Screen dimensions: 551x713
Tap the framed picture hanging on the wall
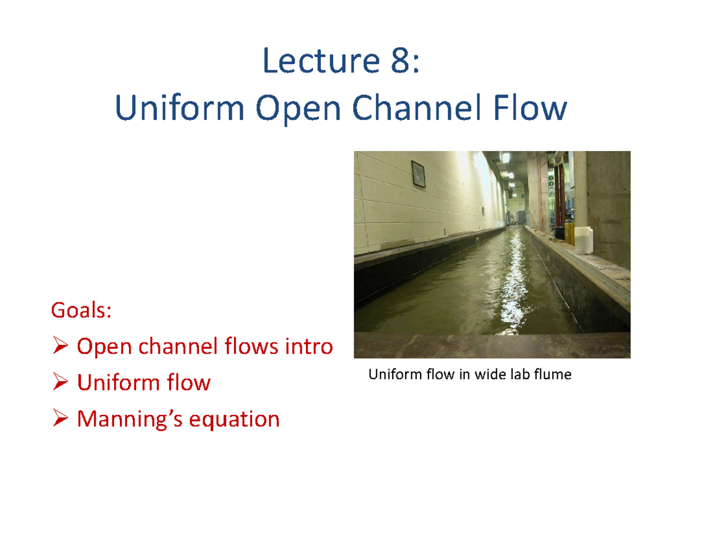(419, 175)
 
